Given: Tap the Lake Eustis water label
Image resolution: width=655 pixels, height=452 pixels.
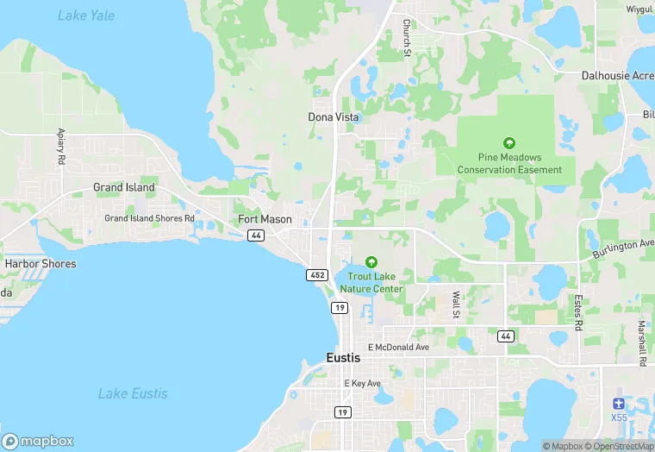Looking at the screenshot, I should [133, 393].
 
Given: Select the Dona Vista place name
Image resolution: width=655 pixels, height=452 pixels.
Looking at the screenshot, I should [333, 116].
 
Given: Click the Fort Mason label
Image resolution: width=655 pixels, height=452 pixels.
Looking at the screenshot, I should [265, 220].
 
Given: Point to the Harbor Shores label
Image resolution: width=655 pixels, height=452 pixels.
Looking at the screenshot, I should [41, 264].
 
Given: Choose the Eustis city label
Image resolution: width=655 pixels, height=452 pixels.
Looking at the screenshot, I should [346, 357].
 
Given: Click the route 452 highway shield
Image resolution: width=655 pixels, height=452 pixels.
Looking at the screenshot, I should [316, 274].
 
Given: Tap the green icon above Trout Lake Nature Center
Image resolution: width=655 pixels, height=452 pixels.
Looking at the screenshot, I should [371, 261].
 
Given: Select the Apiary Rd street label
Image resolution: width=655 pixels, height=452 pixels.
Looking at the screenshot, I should [61, 147].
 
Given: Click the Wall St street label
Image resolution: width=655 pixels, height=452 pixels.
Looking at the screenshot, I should [456, 304].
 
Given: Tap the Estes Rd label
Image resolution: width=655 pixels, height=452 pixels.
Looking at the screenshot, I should [579, 311].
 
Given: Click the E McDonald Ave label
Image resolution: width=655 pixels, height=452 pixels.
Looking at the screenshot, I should [398, 347].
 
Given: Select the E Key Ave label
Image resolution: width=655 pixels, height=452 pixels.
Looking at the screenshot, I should [362, 383].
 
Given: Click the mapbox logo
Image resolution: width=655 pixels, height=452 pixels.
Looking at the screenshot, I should [39, 440].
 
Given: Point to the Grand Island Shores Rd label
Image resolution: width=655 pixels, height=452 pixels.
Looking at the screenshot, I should [149, 218].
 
